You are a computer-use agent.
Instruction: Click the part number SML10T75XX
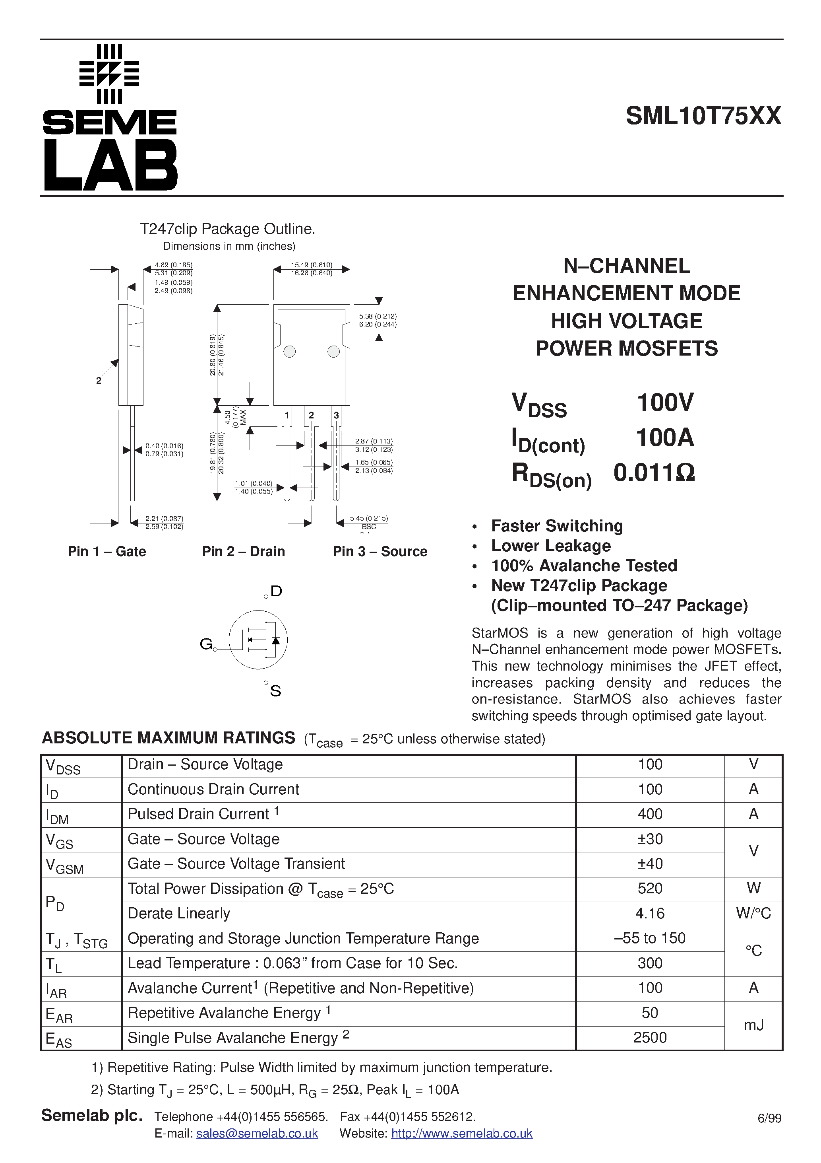(703, 116)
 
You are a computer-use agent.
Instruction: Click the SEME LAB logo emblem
(109, 74)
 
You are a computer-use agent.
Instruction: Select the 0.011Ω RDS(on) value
(654, 473)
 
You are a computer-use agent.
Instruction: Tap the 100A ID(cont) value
(664, 437)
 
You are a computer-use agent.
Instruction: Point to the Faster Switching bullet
(556, 526)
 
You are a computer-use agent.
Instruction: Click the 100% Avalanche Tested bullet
(584, 565)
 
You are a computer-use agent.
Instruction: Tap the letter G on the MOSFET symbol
(206, 644)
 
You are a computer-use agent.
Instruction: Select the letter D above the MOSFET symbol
(276, 591)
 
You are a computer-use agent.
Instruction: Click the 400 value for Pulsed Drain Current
(649, 814)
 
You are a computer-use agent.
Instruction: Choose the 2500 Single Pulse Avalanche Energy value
(649, 1038)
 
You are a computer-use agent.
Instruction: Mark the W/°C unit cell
(753, 913)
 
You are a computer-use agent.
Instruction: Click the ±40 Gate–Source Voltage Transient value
(649, 863)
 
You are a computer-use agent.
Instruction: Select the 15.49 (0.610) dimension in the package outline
(311, 265)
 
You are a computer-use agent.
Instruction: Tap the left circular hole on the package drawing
(290, 352)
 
